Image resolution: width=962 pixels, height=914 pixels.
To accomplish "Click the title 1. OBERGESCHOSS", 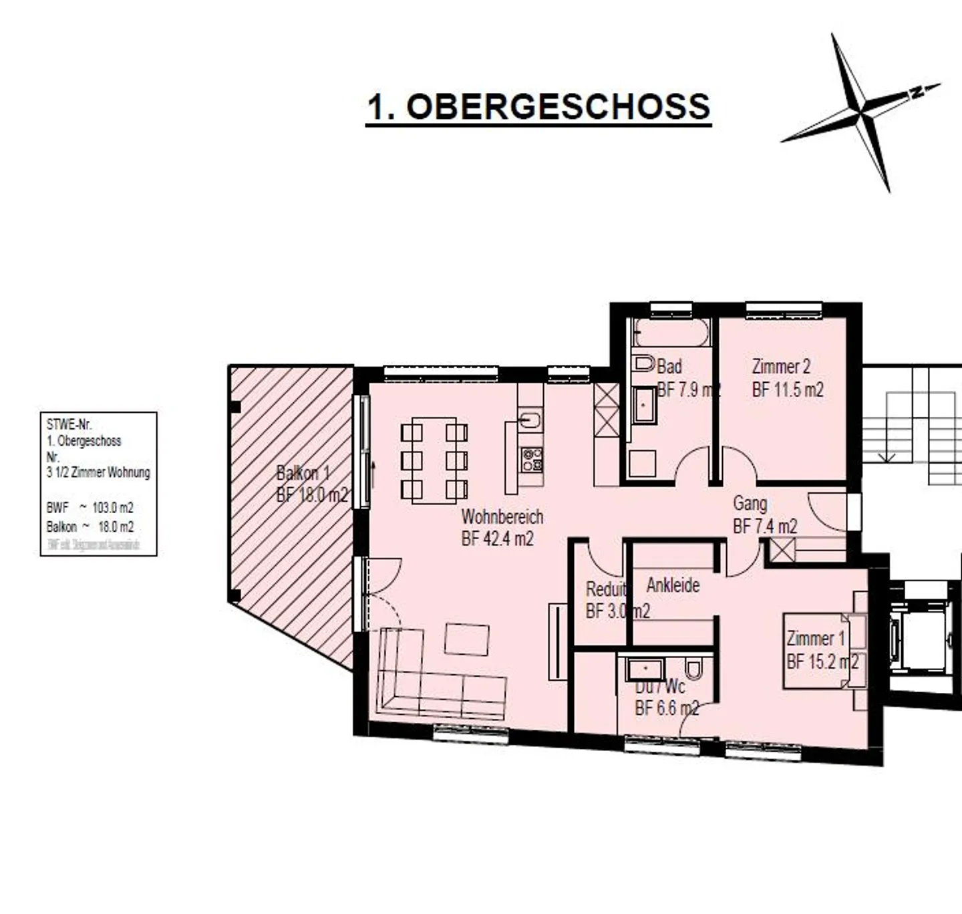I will pos(538,107).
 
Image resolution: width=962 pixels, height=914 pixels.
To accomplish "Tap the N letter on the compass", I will pos(918,92).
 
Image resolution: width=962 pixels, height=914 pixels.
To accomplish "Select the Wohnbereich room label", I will pos(502,516).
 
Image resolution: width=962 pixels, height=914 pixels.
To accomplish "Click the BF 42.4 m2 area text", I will pos(497,539).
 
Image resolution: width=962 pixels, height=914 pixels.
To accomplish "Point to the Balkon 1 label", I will pos(303,474).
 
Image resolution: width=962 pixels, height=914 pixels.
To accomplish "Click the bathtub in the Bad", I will pos(671,332).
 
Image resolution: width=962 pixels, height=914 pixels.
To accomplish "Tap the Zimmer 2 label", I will pos(781,367).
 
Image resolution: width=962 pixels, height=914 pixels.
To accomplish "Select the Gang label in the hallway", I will pos(750,503).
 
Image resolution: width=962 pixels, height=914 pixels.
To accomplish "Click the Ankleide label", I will pos(673,585).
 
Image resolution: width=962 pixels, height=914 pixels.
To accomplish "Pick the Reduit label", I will pos(605,589).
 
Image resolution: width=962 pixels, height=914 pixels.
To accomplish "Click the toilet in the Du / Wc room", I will pos(693,668).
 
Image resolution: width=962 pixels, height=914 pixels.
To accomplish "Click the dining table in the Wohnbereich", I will pos(434,460).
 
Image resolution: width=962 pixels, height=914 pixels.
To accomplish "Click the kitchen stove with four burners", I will pos(532,460).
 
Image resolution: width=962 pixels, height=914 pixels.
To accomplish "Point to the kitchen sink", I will pos(530,420).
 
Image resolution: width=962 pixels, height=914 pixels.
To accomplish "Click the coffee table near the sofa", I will pos(466,639).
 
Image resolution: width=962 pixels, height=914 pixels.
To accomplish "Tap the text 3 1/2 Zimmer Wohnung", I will pos(98,472).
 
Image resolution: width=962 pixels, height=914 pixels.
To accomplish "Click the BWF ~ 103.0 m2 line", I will pos(90,508).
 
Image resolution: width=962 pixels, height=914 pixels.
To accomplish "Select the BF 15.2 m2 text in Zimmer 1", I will pos(822,662).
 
